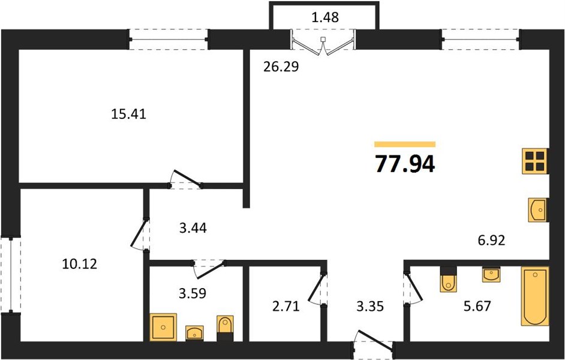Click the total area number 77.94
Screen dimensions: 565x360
click(x=405, y=164)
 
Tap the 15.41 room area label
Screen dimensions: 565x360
click(x=128, y=115)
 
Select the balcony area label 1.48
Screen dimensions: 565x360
click(x=325, y=17)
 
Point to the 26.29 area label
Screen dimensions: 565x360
click(x=281, y=67)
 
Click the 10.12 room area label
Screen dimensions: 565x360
click(x=79, y=265)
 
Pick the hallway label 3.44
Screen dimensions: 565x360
click(x=193, y=228)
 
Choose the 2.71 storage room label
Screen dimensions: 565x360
click(x=285, y=307)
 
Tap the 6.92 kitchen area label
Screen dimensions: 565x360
click(x=491, y=239)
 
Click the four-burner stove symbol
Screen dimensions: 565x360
click(x=535, y=161)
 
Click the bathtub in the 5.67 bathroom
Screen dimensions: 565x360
click(x=535, y=296)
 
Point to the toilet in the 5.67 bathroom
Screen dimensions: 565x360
click(x=448, y=279)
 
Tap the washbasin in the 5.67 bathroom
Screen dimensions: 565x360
click(x=491, y=275)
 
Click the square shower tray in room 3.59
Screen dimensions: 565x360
click(x=163, y=327)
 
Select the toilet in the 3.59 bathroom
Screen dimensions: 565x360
click(x=225, y=328)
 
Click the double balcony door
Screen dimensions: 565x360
click(x=323, y=43)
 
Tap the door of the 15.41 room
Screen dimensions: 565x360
click(x=185, y=179)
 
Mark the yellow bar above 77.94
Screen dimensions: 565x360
click(x=405, y=145)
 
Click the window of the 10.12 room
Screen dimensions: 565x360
click(x=11, y=275)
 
